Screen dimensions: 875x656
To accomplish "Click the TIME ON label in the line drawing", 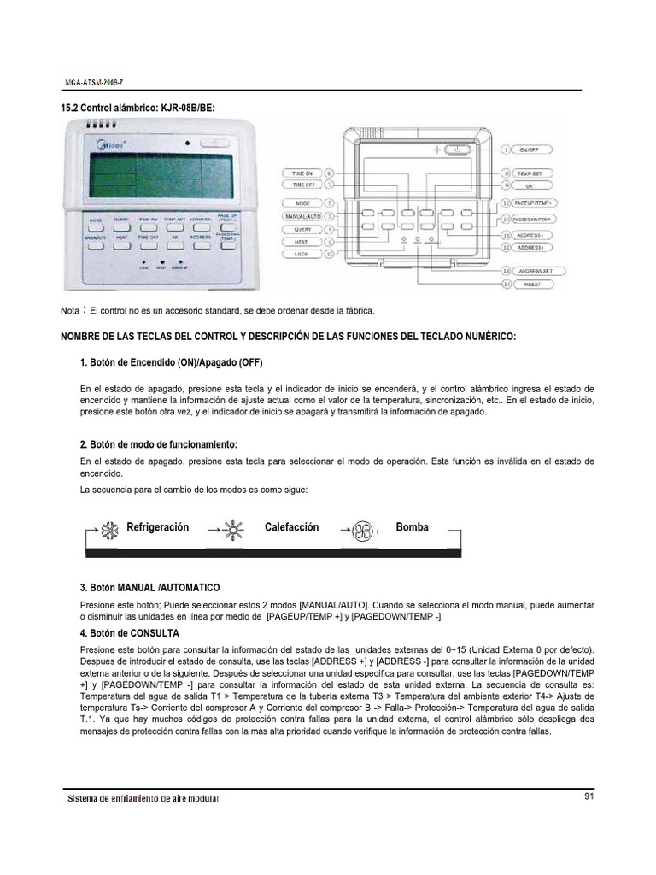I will (x=302, y=173).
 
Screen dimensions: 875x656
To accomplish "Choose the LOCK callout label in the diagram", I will (x=302, y=255).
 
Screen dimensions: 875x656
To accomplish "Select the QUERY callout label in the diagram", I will (x=302, y=230).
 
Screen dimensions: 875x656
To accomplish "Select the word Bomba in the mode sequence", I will (x=412, y=527).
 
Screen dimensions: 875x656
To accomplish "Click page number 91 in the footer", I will (x=589, y=796).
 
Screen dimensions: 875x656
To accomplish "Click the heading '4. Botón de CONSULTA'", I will (x=128, y=633).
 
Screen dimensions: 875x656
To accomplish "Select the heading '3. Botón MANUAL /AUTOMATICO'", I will (x=149, y=588).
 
